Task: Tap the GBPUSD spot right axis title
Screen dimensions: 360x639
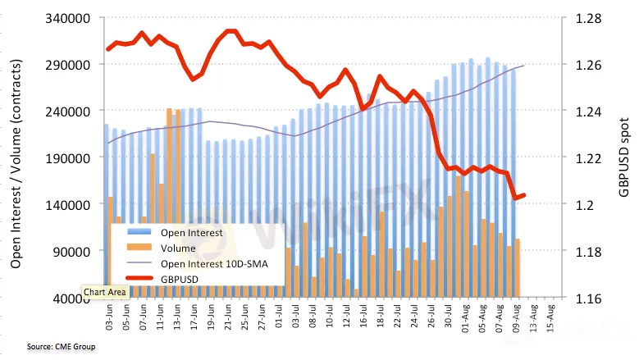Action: click(x=625, y=158)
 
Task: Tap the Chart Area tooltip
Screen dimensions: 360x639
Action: click(x=103, y=291)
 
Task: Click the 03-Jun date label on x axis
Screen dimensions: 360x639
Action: click(x=109, y=316)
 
